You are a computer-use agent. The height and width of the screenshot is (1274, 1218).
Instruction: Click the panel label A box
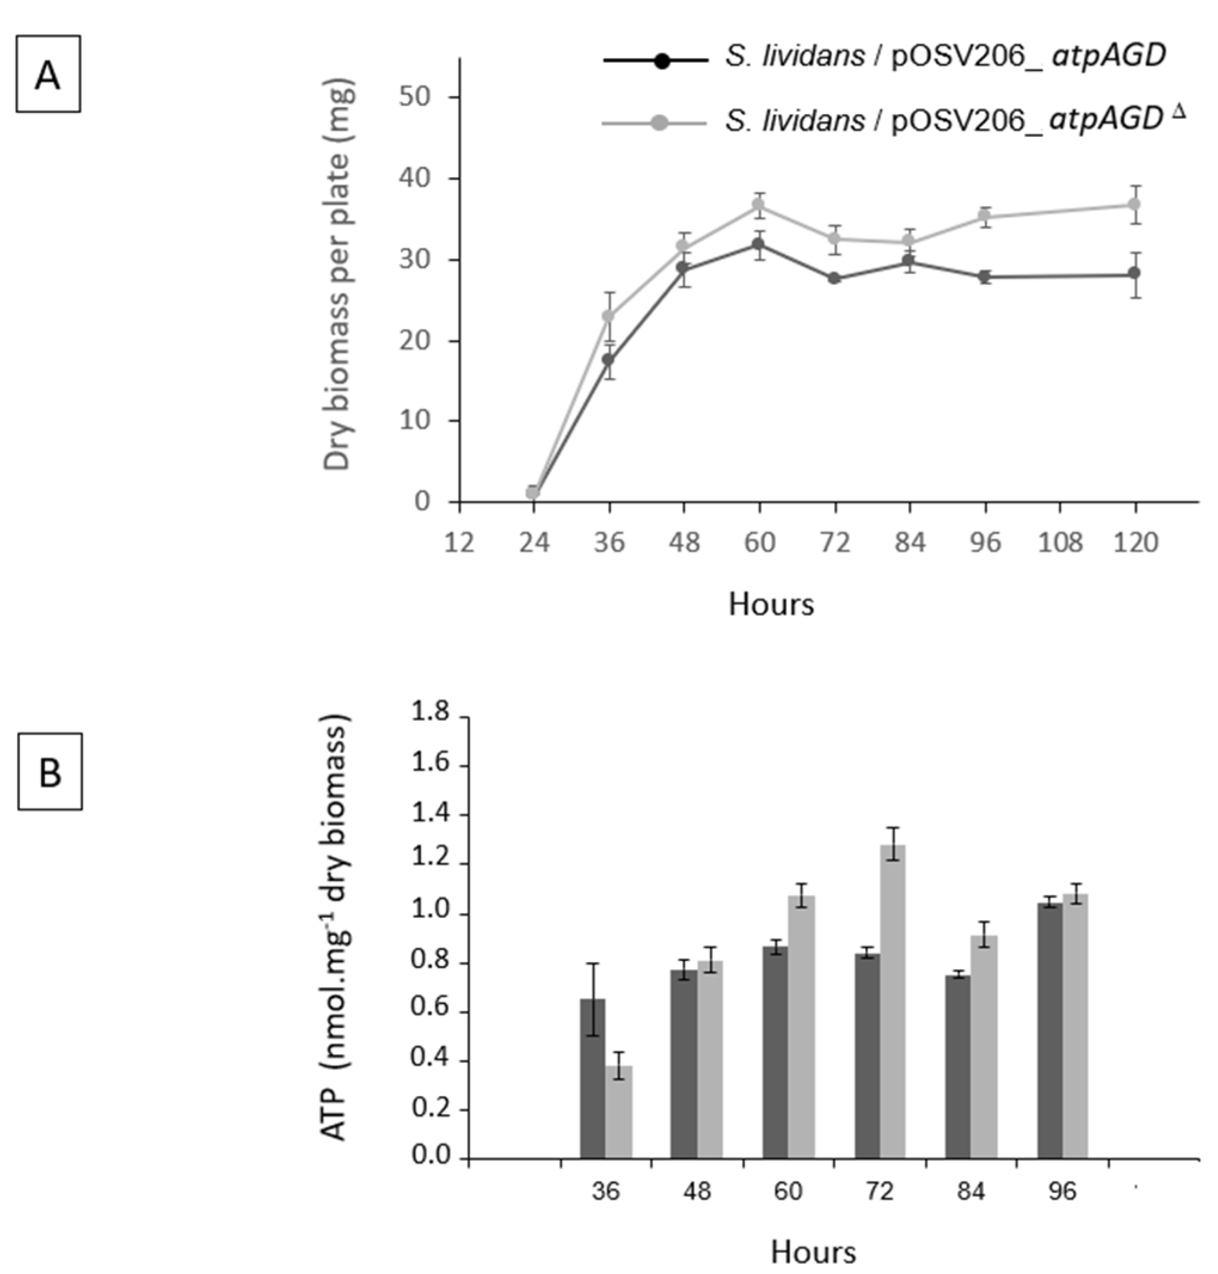[x=48, y=74]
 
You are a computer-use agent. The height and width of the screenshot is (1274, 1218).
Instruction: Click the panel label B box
[x=50, y=772]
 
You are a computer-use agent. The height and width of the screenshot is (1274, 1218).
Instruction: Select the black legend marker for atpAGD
[x=662, y=61]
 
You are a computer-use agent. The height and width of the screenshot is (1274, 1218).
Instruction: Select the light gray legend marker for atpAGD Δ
[x=659, y=122]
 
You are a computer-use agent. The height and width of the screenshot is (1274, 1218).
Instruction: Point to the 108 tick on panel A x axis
[x=1060, y=542]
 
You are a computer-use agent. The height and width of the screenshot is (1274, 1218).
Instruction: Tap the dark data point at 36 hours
[x=608, y=359]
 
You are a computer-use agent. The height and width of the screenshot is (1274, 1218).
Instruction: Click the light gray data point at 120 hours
[x=1134, y=204]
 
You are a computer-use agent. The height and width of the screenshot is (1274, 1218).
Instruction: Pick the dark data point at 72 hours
[x=833, y=278]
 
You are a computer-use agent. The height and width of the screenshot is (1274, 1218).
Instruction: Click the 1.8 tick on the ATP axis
[x=430, y=713]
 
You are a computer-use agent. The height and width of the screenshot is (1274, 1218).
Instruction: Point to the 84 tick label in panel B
[x=970, y=1191]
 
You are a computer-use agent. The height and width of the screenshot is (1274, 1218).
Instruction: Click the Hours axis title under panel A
[x=771, y=604]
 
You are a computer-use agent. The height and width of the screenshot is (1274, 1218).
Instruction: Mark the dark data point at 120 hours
[x=1134, y=274]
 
